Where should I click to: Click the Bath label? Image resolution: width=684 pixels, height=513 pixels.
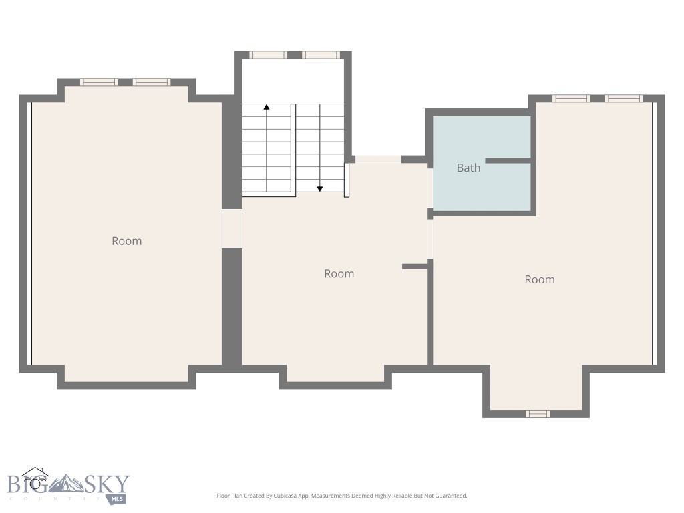pyautogui.click(x=468, y=168)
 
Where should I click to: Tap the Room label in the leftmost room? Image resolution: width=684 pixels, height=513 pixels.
pyautogui.click(x=126, y=241)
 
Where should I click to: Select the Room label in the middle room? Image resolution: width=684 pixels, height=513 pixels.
pyautogui.click(x=339, y=273)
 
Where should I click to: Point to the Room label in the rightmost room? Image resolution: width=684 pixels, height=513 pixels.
pyautogui.click(x=539, y=279)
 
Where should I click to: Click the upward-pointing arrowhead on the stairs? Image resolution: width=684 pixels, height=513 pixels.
pyautogui.click(x=267, y=107)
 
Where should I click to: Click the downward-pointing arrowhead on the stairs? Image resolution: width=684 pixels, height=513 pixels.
pyautogui.click(x=320, y=188)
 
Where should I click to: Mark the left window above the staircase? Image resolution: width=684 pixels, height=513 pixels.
pyautogui.click(x=268, y=55)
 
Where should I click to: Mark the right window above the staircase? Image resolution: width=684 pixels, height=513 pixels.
pyautogui.click(x=321, y=55)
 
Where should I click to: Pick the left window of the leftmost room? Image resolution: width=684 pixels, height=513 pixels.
pyautogui.click(x=99, y=82)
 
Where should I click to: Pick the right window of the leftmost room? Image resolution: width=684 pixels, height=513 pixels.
pyautogui.click(x=152, y=82)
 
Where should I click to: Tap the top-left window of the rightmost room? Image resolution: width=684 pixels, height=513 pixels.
pyautogui.click(x=571, y=98)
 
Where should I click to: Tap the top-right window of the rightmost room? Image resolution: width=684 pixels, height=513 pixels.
pyautogui.click(x=624, y=98)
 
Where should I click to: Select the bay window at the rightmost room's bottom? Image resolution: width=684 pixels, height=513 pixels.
pyautogui.click(x=537, y=414)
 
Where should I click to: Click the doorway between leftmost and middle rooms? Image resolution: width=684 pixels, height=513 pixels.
pyautogui.click(x=232, y=229)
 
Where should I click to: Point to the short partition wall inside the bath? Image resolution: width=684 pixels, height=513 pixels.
pyautogui.click(x=508, y=160)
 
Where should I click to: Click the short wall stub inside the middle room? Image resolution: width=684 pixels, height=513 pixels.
pyautogui.click(x=414, y=267)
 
